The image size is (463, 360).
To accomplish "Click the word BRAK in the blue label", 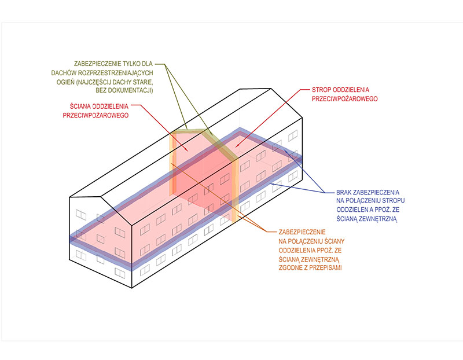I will click(x=343, y=191).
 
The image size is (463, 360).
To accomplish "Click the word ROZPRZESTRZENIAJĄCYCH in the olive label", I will click(x=113, y=72).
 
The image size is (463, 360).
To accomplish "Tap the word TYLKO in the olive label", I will click(x=135, y=63).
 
